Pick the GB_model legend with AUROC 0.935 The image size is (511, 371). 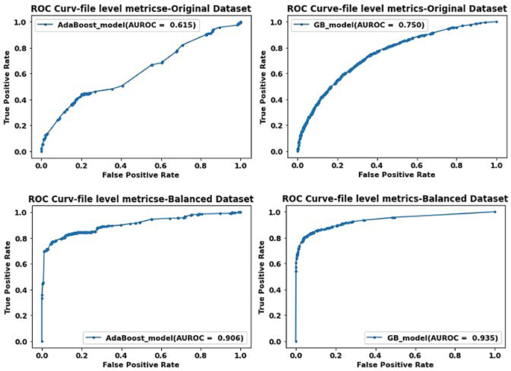(429, 337)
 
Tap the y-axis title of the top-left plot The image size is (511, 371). (8, 87)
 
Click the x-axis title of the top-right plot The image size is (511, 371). (397, 175)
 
